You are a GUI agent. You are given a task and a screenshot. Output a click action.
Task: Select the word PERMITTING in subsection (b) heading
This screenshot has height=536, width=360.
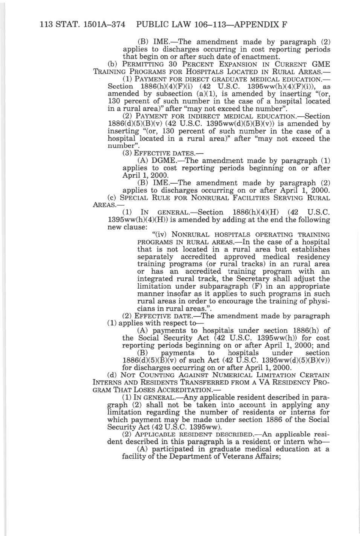(140, 64)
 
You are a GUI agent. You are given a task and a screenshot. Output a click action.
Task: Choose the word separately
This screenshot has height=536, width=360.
(156, 257)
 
